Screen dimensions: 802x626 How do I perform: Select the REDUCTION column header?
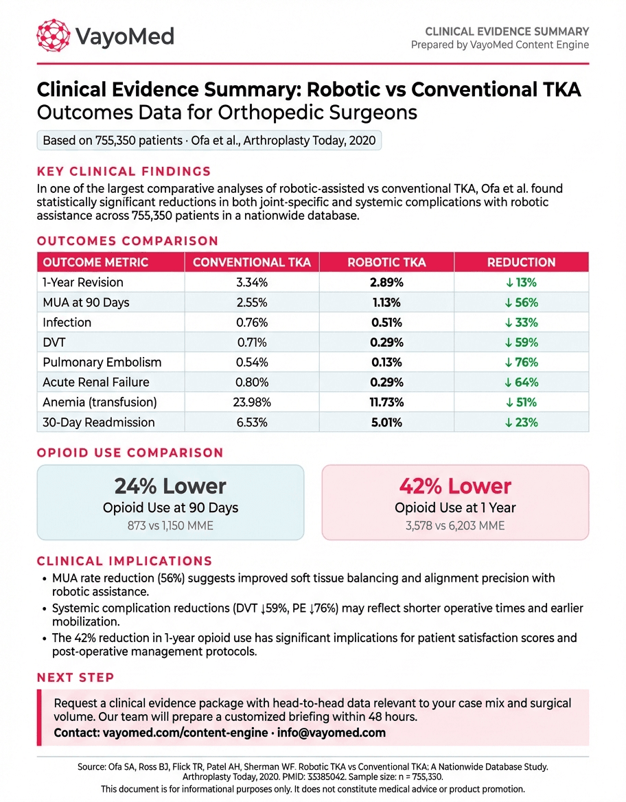click(x=521, y=262)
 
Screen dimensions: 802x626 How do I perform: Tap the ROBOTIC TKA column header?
click(x=388, y=262)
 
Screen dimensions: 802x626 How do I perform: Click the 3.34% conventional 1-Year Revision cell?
click(x=253, y=282)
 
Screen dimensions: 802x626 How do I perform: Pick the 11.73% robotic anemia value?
click(x=388, y=402)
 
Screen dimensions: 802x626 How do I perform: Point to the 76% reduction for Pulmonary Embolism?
click(x=521, y=363)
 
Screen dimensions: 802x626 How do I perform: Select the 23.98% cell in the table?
click(x=253, y=402)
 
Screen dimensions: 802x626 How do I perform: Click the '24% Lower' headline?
click(x=170, y=486)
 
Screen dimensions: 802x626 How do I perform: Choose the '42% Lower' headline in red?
click(x=455, y=486)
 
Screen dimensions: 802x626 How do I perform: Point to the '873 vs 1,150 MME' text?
click(x=170, y=525)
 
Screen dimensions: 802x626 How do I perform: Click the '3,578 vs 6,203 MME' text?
click(x=455, y=525)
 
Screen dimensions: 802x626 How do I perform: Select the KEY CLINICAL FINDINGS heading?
click(x=124, y=172)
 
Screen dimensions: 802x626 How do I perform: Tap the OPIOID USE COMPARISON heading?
click(x=130, y=453)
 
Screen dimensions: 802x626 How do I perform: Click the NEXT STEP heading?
click(x=76, y=678)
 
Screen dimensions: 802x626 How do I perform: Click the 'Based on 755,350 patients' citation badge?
click(x=209, y=141)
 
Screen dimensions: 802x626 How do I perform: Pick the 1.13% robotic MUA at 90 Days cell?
click(x=388, y=302)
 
